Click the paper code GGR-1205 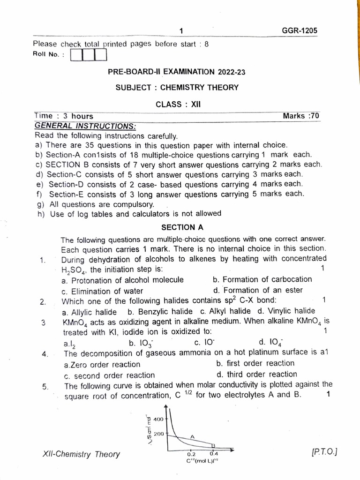click(x=299, y=30)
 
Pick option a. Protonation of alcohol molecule click(x=122, y=280)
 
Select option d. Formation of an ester click(x=258, y=290)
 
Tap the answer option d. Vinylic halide click(x=286, y=311)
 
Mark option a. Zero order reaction click(x=101, y=364)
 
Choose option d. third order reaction click(x=256, y=374)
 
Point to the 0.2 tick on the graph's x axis click(x=191, y=454)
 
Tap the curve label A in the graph click(x=192, y=436)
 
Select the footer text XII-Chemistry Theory click(x=81, y=454)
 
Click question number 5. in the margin click(x=45, y=387)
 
